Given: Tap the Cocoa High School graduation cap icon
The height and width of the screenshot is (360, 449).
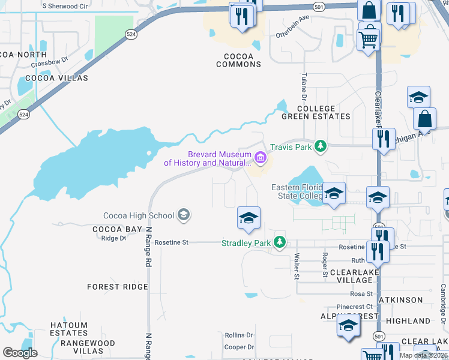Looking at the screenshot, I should [x=184, y=215].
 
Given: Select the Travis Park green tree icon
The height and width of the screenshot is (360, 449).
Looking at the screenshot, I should [x=321, y=146].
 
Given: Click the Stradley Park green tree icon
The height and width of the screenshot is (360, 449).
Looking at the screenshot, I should [x=279, y=243].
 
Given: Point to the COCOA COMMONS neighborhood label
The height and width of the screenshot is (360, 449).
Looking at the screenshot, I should [x=239, y=60].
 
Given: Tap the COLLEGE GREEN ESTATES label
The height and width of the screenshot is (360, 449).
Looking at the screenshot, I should [x=316, y=112].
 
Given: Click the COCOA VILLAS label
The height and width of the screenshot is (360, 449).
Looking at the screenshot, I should [x=56, y=78].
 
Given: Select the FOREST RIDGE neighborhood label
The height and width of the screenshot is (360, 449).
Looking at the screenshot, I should [x=118, y=287].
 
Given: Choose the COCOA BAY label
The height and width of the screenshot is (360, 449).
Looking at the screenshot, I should [x=118, y=229].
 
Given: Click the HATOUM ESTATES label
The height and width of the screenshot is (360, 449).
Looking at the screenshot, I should [x=69, y=329].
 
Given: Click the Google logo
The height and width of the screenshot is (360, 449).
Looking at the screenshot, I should [x=20, y=353].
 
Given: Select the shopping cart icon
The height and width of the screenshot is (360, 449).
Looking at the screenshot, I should [x=368, y=40].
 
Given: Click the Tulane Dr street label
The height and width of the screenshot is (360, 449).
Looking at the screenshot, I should [x=304, y=87].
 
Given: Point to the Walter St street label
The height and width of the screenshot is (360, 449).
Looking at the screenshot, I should [x=297, y=266].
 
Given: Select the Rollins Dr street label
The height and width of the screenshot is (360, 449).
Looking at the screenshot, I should [x=239, y=335].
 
